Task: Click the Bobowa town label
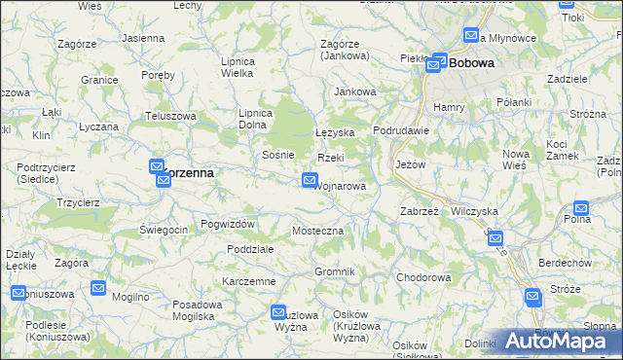coord(472,62)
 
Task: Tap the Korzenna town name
coord(188,171)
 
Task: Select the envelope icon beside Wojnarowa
coord(310,180)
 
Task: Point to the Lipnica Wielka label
coord(238,66)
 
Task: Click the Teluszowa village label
coord(171,116)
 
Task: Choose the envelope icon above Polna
coord(581,207)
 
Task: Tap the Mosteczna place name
coord(318,231)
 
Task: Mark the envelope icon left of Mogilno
coord(98,287)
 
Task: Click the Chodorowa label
coord(423,277)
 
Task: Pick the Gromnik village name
coord(334,270)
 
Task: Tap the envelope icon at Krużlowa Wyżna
coord(276,311)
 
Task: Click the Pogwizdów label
coord(228,224)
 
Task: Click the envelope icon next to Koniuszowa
coord(18,293)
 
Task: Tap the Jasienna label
coord(143,37)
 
